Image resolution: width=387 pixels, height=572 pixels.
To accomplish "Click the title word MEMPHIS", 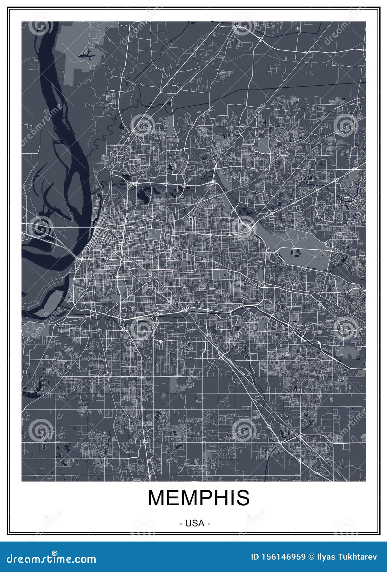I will (198, 498).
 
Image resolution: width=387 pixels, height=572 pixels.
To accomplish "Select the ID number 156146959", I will (283, 557).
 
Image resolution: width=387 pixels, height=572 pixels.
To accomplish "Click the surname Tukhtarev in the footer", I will (361, 557).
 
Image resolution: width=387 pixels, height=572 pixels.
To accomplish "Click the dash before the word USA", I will (181, 524).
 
